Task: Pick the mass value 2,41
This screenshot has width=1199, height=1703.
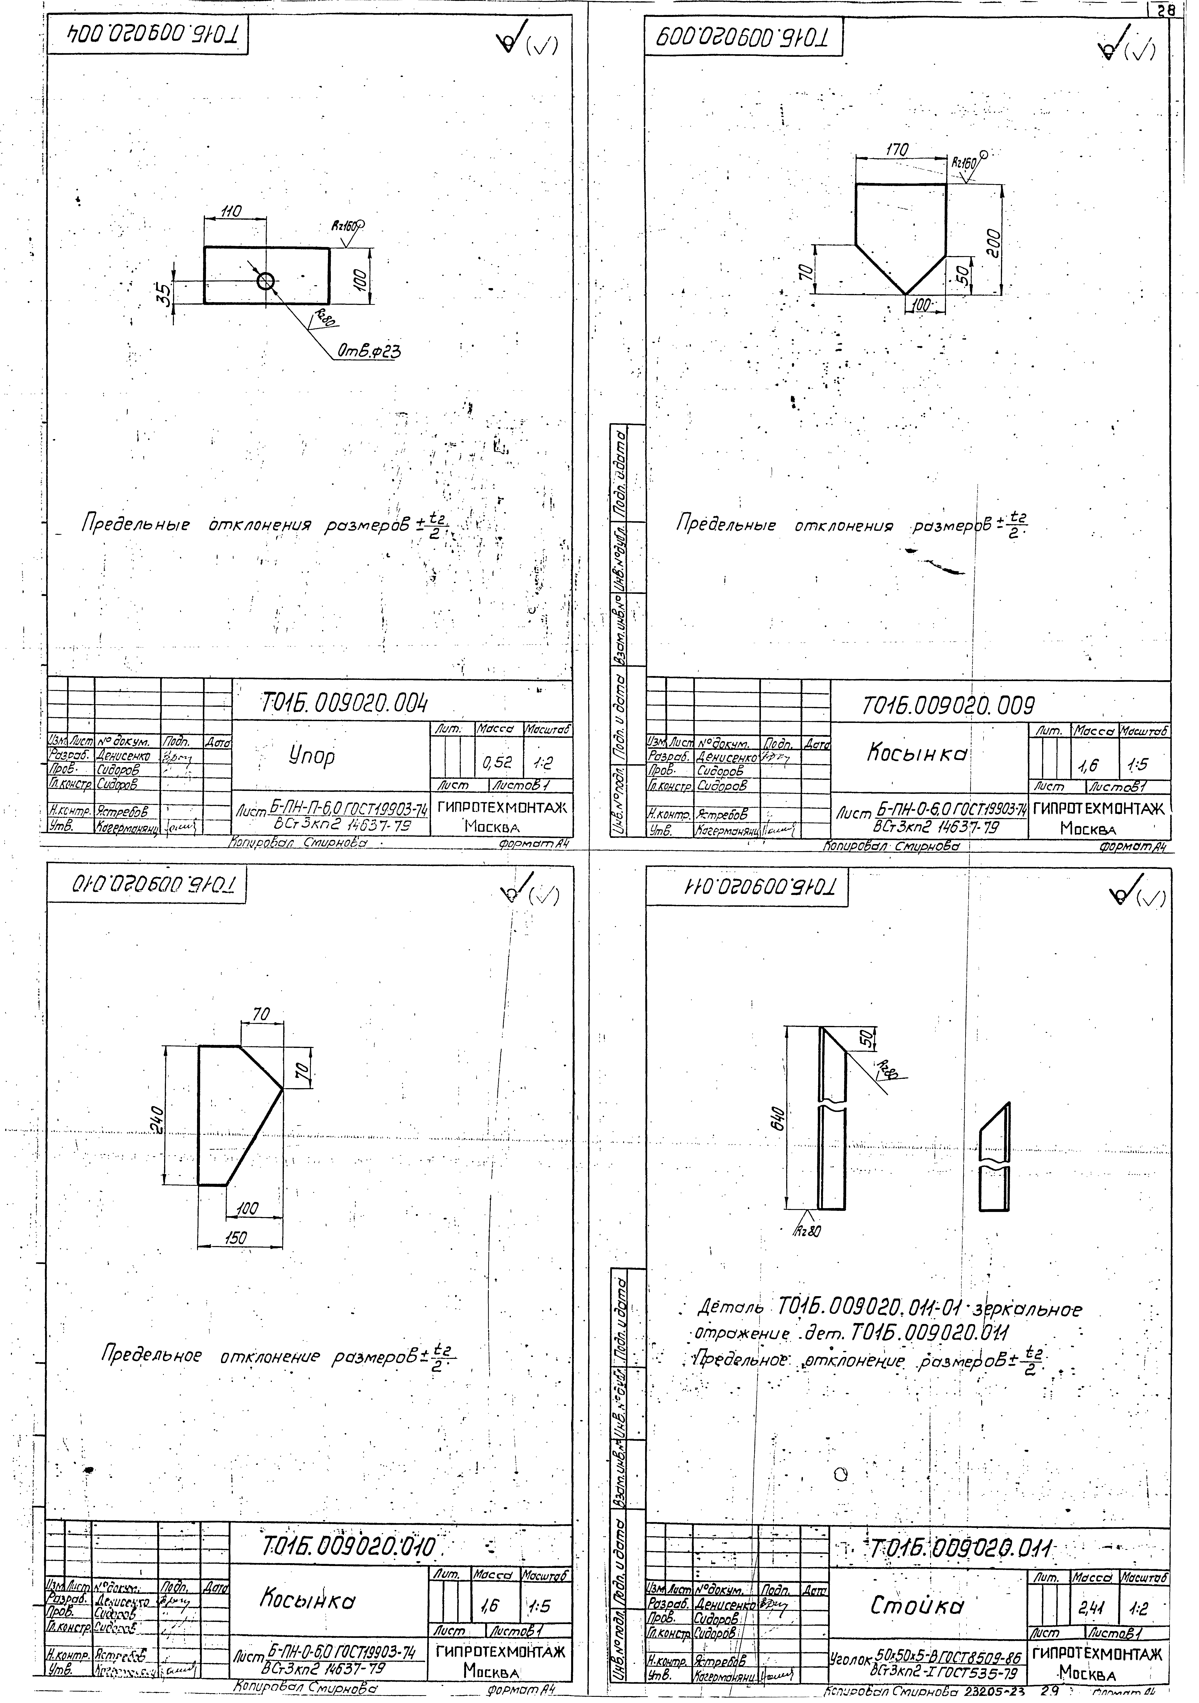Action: click(1092, 1610)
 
